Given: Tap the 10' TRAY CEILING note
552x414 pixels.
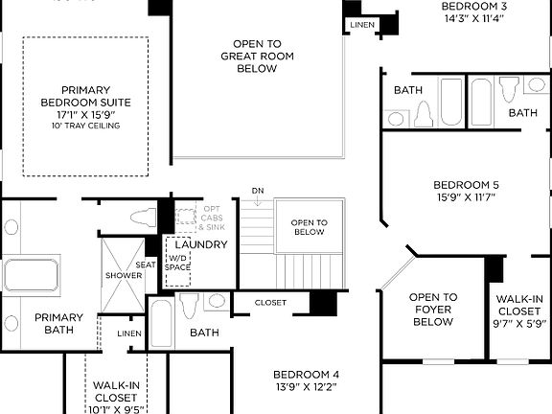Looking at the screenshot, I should [x=85, y=126].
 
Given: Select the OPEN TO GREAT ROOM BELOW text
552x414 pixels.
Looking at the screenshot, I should [x=256, y=56].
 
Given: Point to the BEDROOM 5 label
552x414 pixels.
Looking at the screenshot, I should [x=466, y=185].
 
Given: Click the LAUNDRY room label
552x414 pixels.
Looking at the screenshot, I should [x=201, y=244].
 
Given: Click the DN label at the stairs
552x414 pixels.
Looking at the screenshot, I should [x=258, y=191].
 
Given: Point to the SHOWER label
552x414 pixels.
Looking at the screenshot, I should [x=124, y=276].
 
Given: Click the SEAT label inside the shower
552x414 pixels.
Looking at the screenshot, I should [x=146, y=264].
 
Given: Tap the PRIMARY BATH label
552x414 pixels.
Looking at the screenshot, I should [x=58, y=324].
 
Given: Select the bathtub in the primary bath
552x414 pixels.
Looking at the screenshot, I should [x=31, y=274].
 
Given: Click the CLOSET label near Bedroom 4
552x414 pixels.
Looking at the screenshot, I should [x=270, y=303].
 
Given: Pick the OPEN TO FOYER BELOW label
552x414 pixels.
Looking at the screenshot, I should [x=433, y=310].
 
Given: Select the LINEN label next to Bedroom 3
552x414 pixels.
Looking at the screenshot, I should [x=362, y=24].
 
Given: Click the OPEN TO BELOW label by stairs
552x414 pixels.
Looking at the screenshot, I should [x=309, y=226].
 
